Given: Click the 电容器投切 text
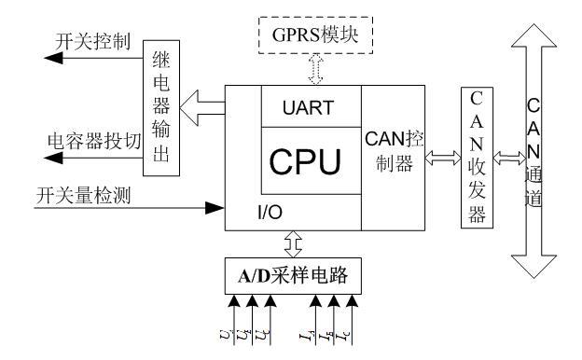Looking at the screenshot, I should click(x=94, y=143).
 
